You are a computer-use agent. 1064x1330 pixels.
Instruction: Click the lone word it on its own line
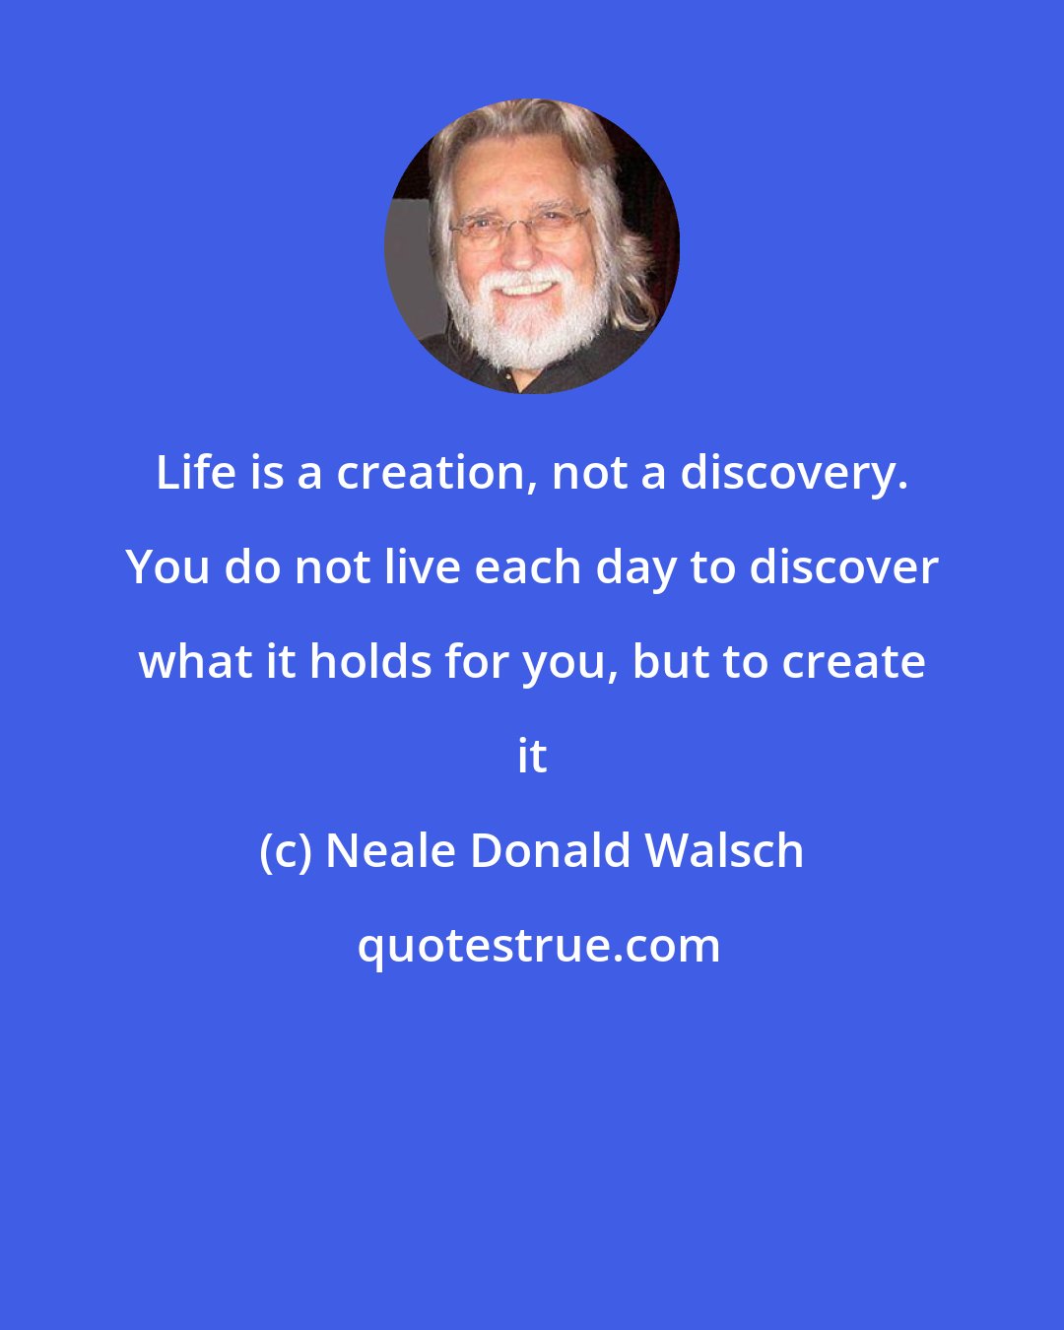pos(532,758)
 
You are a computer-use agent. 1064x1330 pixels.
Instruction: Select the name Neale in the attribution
pos(390,852)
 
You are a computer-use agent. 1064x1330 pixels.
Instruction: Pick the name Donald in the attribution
pos(550,852)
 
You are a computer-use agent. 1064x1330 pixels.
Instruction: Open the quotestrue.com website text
pos(538,947)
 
